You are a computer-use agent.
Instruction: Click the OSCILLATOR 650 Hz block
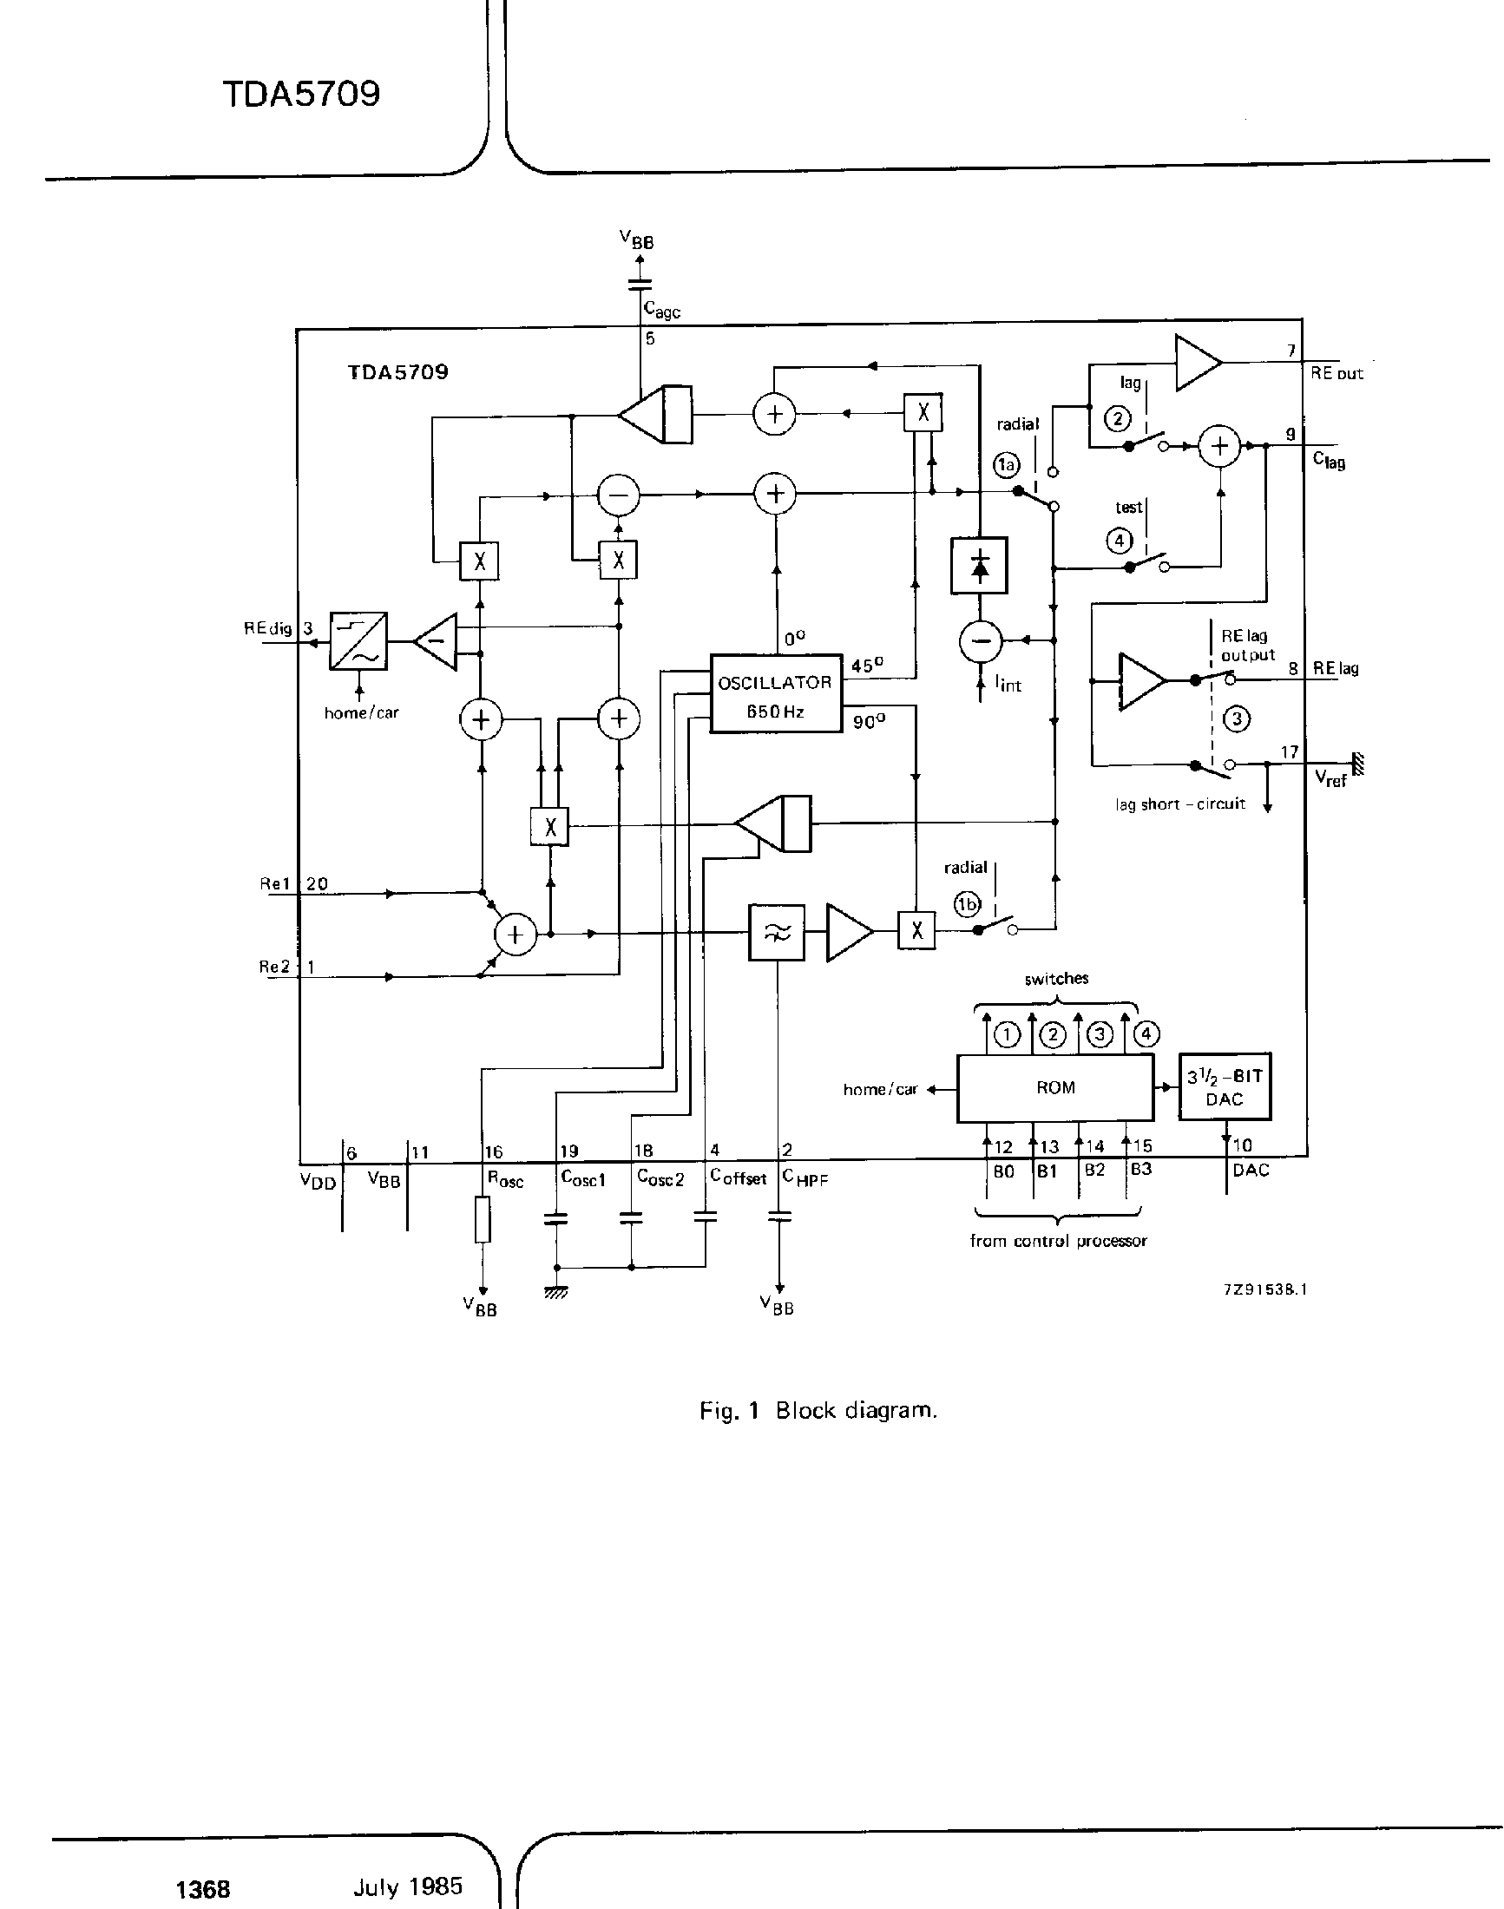(x=775, y=694)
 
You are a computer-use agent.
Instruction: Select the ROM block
(x=1055, y=1088)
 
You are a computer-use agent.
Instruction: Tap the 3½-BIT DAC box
(x=1224, y=1087)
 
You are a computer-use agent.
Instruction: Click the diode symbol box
(x=979, y=565)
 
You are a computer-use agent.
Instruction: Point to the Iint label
(x=1008, y=683)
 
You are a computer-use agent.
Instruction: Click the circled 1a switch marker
(x=1007, y=464)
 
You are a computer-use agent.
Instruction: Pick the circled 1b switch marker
(x=968, y=903)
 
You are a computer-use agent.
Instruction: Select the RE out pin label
(x=1336, y=373)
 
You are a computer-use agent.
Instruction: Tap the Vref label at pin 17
(x=1330, y=778)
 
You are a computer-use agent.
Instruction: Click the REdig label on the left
(x=267, y=629)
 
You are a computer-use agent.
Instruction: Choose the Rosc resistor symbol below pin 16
(x=483, y=1219)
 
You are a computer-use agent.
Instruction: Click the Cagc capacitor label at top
(x=662, y=310)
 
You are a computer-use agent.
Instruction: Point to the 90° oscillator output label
(x=868, y=722)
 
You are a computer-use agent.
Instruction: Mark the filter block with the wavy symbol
(x=776, y=932)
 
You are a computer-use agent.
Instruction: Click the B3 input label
(x=1140, y=1170)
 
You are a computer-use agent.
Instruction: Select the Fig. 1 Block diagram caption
(x=818, y=1410)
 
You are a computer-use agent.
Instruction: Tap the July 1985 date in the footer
(x=408, y=1886)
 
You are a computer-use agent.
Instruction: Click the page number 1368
(x=203, y=1889)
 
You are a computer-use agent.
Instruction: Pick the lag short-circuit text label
(x=1180, y=803)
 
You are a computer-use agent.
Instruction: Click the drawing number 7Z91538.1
(x=1264, y=1289)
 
